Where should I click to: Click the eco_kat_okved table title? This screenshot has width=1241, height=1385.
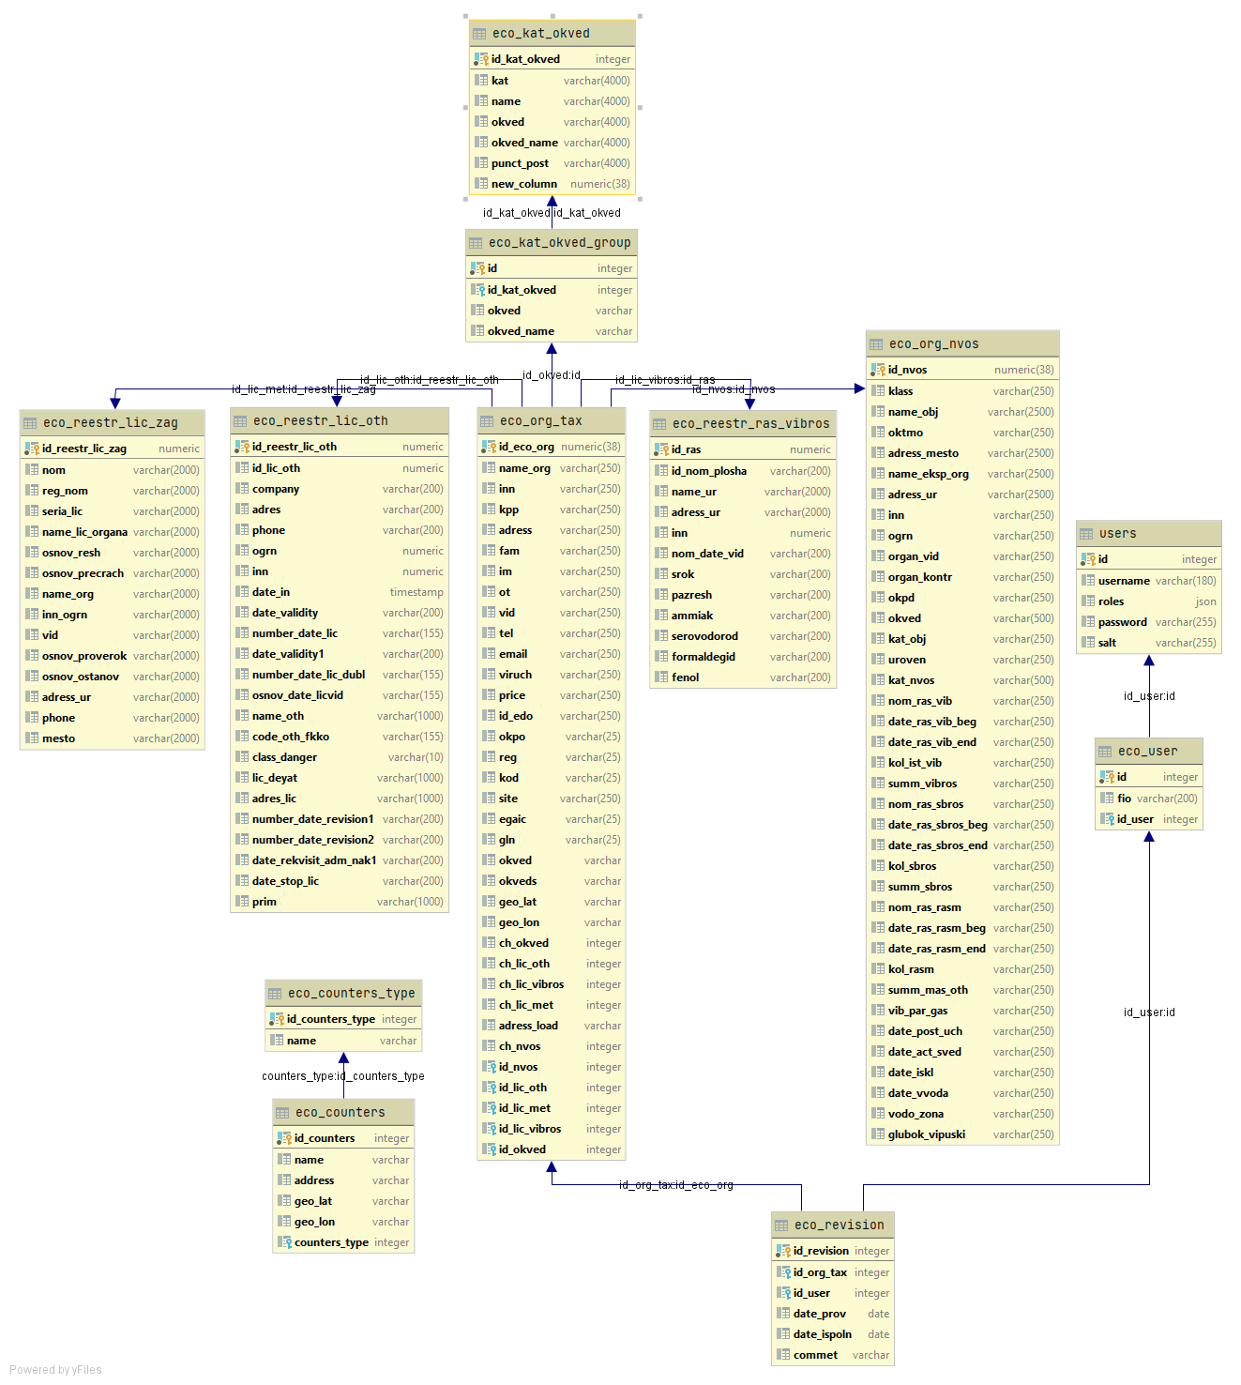click(x=541, y=34)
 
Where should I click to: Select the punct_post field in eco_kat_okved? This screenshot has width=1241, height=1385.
click(x=520, y=163)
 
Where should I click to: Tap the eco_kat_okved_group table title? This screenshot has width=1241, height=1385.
click(x=559, y=243)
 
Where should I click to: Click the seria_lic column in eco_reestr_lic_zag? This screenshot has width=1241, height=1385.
click(x=62, y=511)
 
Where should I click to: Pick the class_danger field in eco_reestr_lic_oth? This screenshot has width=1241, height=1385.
click(x=284, y=757)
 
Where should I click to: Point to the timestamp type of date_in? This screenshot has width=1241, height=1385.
click(x=416, y=592)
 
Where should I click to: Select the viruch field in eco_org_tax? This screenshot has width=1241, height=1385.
click(x=515, y=675)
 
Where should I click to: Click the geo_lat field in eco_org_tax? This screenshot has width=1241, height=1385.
click(x=518, y=902)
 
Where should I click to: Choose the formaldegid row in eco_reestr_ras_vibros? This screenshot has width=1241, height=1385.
click(x=703, y=657)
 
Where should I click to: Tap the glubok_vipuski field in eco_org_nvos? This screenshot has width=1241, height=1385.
click(x=926, y=1134)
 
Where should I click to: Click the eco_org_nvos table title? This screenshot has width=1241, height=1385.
click(x=933, y=344)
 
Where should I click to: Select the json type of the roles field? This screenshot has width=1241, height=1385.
click(x=1205, y=601)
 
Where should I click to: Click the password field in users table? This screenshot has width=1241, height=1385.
click(x=1122, y=622)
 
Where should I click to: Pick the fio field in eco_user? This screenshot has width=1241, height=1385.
click(x=1124, y=799)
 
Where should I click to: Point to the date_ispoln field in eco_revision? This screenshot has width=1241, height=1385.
click(x=822, y=1334)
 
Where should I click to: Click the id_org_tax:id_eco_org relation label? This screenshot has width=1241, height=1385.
click(x=675, y=1185)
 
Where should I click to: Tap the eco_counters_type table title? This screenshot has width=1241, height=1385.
click(x=351, y=994)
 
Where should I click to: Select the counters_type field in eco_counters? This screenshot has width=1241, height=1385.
click(x=331, y=1242)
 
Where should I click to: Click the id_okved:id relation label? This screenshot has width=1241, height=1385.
click(x=552, y=375)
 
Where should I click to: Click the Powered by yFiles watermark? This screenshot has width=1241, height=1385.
click(x=55, y=1370)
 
